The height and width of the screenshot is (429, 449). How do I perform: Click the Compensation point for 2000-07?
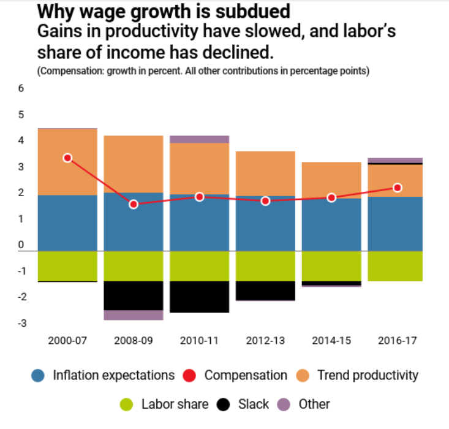tap(67, 158)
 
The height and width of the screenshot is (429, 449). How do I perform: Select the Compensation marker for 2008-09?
tap(134, 204)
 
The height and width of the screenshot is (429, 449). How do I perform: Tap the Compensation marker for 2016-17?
tap(397, 188)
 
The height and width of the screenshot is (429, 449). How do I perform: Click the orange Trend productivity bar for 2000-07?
tap(67, 162)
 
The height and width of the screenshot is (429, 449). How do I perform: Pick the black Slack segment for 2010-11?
tap(199, 297)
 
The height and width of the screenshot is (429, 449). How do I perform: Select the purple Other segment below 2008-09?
tap(134, 315)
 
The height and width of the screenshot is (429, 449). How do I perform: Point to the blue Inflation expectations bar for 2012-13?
tap(265, 224)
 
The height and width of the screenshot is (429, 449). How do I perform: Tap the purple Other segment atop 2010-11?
tap(199, 139)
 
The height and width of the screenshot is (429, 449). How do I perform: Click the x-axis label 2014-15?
tap(331, 341)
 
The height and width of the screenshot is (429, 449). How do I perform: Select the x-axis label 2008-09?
tap(134, 341)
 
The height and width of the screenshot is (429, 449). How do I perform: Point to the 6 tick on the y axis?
tap(21, 88)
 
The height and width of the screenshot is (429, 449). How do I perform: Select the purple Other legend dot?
tap(284, 404)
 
